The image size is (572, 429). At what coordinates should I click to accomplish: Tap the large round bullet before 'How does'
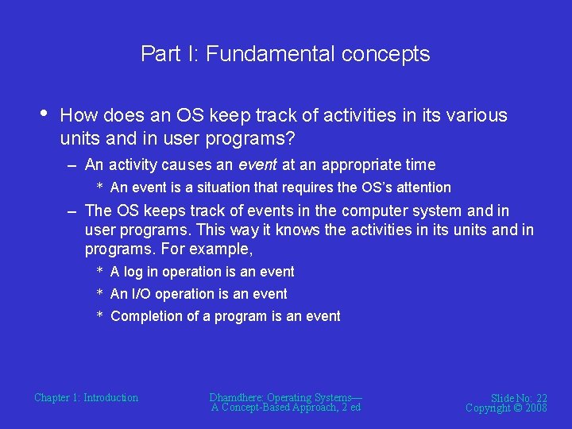(43, 114)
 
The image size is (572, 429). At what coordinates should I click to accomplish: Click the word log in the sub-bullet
(133, 272)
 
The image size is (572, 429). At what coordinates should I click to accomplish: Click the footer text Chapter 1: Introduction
(86, 397)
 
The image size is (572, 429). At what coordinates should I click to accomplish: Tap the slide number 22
(540, 398)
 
